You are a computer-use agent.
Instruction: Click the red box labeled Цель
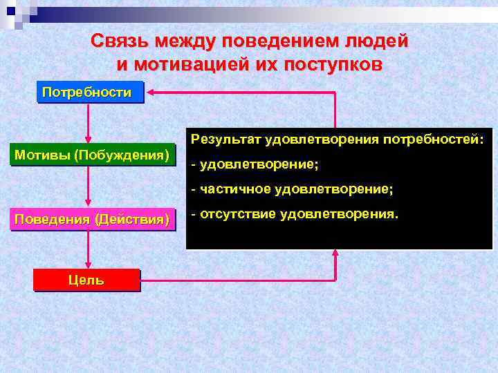86,280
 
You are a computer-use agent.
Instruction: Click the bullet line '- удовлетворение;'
255,165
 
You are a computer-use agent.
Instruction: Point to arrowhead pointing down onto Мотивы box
89,140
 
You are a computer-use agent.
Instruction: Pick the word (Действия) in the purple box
132,220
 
